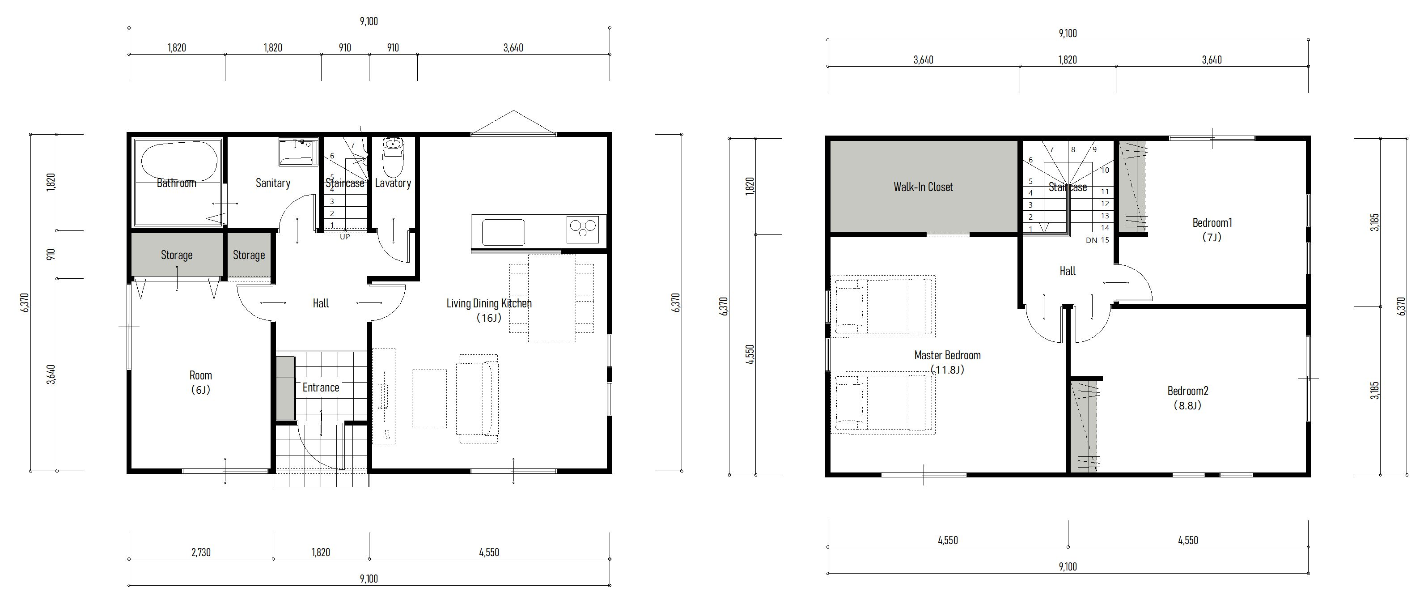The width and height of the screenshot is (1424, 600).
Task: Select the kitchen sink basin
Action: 503,232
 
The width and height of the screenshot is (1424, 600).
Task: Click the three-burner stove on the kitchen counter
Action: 583,230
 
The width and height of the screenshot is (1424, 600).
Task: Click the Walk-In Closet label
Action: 923,187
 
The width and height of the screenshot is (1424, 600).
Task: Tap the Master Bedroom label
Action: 948,355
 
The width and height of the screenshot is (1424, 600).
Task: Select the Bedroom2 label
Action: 1188,391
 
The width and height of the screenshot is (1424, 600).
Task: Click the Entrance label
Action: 321,387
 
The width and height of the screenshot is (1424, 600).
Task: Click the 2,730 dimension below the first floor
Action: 201,552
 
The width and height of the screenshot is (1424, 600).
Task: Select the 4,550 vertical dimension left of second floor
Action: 750,354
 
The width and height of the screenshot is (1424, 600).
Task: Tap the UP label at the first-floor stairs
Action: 345,237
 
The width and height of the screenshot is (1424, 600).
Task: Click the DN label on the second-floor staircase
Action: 1091,240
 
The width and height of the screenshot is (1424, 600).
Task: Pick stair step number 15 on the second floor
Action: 1105,240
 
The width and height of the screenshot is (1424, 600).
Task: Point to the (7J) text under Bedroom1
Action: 1212,237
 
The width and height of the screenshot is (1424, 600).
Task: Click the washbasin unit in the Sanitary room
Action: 298,152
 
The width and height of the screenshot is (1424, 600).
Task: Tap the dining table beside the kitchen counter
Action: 552,298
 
